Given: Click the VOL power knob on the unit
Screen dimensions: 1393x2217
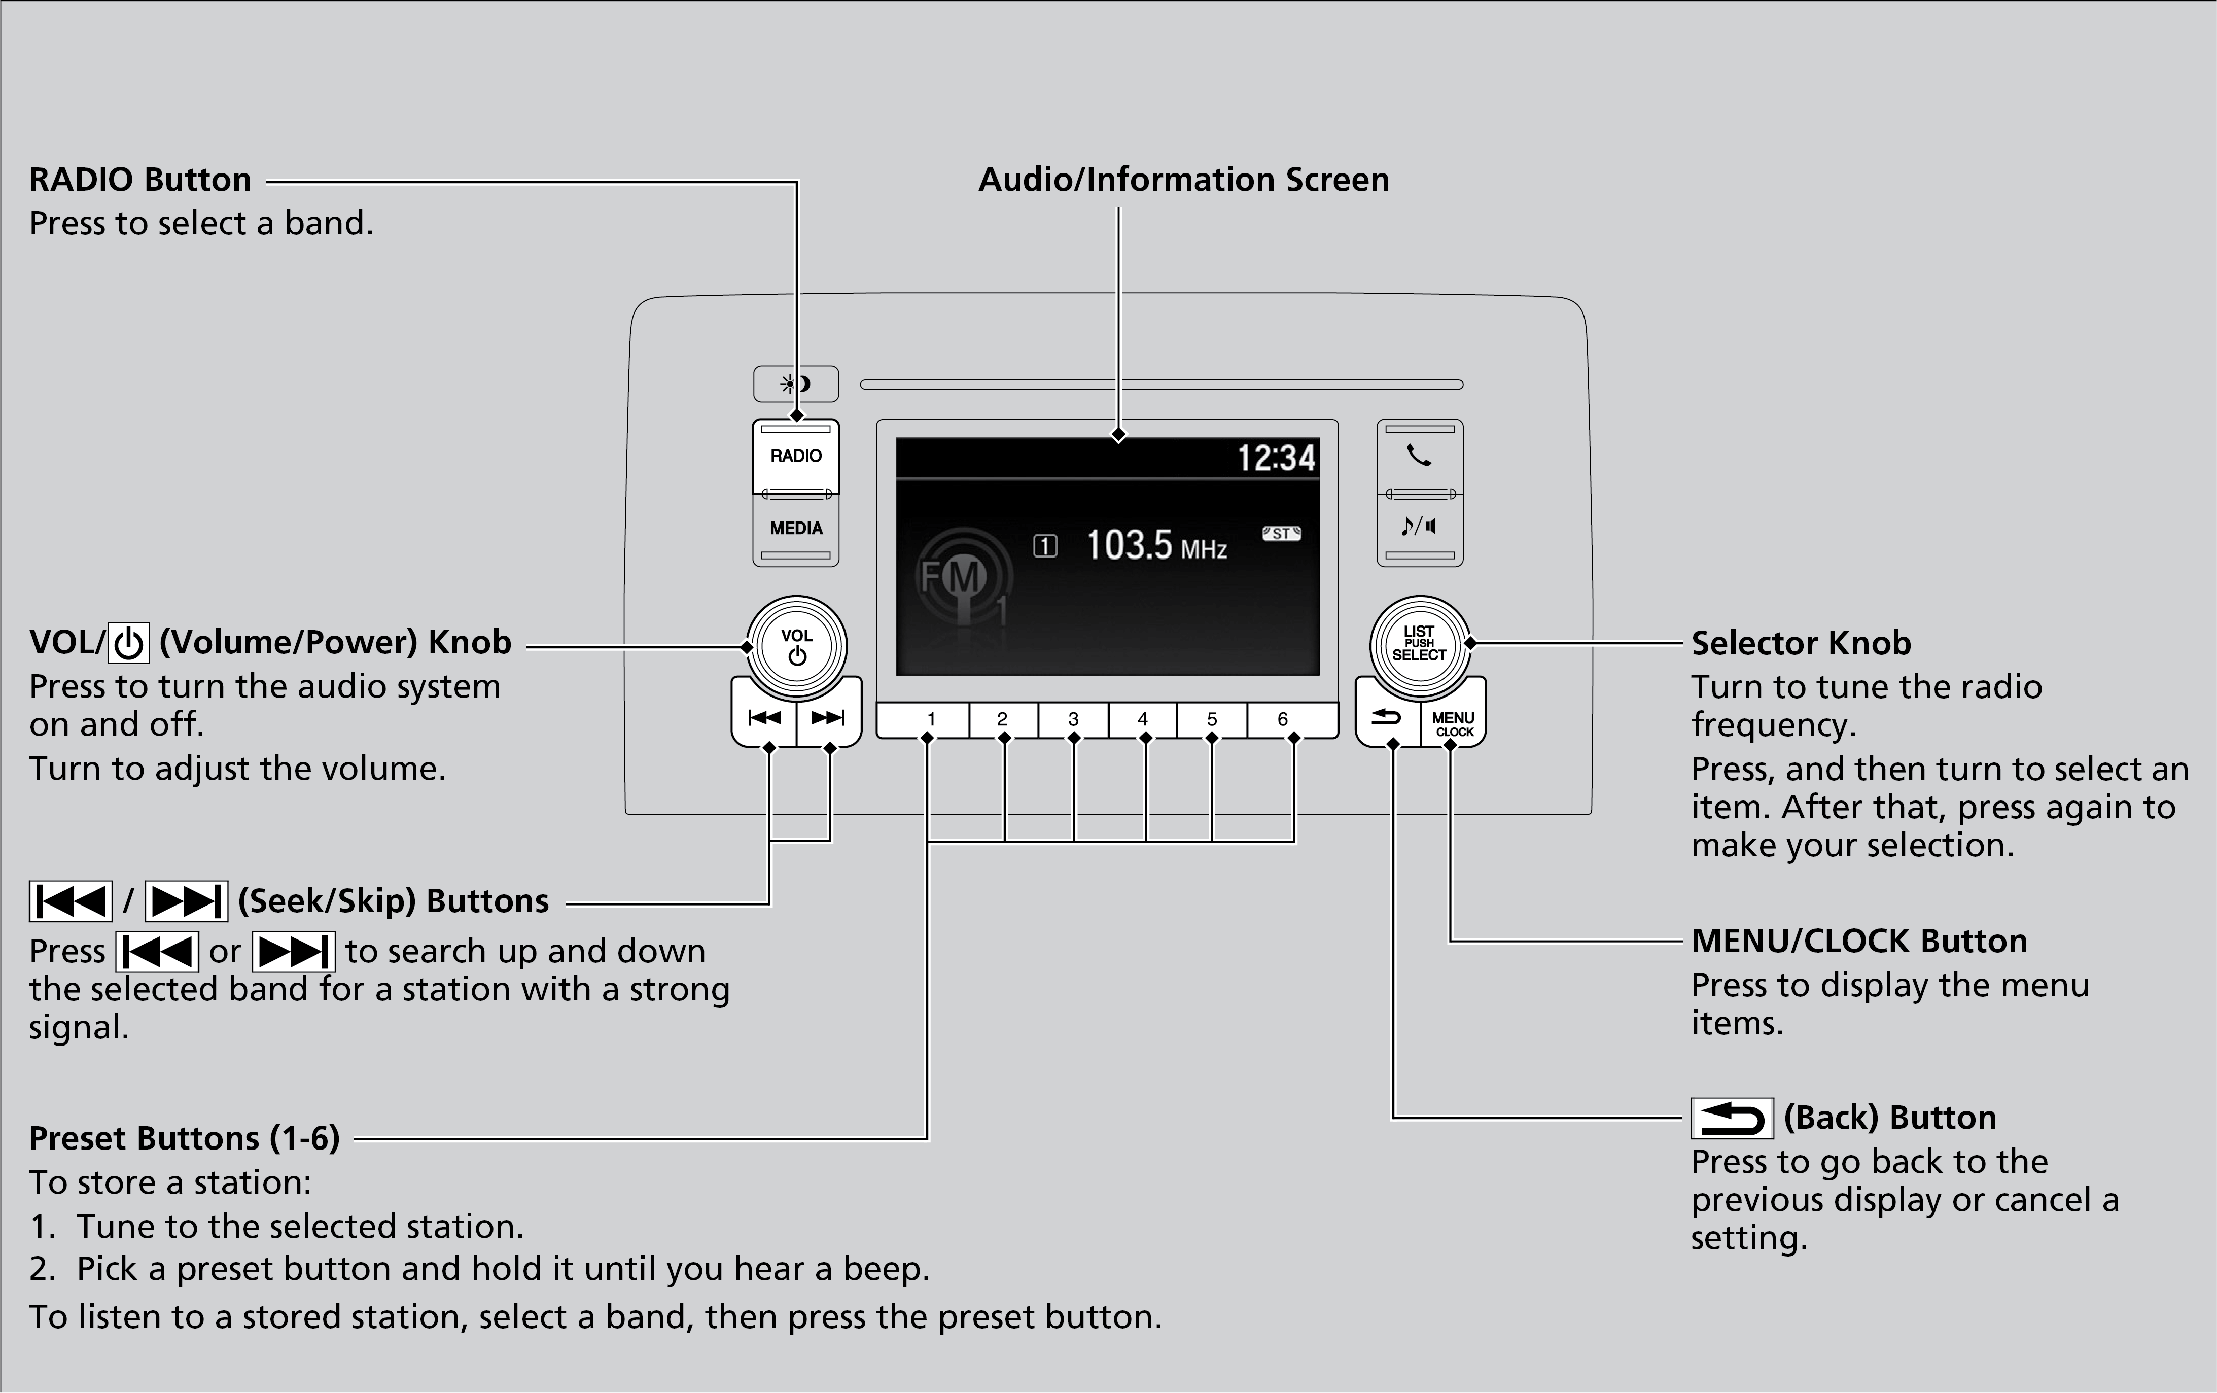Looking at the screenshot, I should pos(796,645).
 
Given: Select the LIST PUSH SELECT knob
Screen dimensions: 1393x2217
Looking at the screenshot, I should pos(1419,644).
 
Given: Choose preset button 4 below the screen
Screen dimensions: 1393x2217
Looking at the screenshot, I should pos(1143,719).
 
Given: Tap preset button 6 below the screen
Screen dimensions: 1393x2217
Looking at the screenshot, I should pos(1283,719).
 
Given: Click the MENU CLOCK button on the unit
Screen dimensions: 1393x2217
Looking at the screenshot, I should pos(1453,723).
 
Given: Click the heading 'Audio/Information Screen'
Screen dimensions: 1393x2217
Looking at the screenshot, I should pos(1183,180).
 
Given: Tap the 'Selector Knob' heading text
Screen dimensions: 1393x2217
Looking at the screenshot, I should pos(1801,643).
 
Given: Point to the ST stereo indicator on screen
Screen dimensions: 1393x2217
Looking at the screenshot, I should pos(1281,534).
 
